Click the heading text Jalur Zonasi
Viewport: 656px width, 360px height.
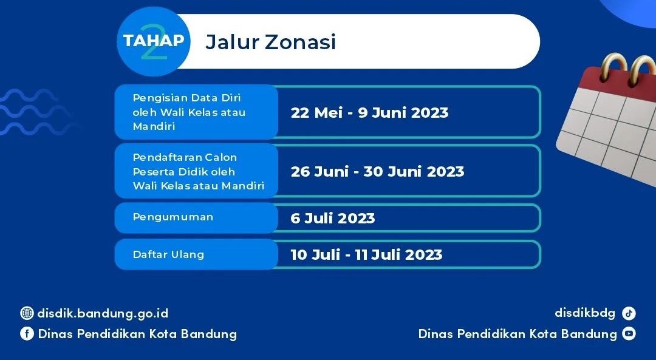click(x=271, y=42)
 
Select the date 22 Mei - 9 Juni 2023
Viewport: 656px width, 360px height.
click(x=369, y=113)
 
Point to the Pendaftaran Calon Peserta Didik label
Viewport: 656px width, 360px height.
click(x=198, y=171)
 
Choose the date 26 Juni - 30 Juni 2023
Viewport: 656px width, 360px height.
click(x=377, y=172)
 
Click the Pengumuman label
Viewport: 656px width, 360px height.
click(x=173, y=217)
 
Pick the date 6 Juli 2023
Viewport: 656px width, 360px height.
click(x=332, y=219)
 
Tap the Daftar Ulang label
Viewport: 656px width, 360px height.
click(x=168, y=254)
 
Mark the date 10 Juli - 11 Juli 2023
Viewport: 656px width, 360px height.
click(x=366, y=254)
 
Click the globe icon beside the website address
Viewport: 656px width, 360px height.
click(x=27, y=313)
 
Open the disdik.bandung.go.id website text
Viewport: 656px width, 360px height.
click(x=103, y=313)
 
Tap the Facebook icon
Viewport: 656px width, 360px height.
click(x=27, y=334)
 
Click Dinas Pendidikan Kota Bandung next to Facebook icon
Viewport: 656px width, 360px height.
click(x=137, y=334)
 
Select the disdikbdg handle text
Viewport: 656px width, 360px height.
click(x=585, y=313)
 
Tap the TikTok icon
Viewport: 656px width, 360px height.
click(x=629, y=313)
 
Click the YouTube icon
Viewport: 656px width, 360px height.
click(x=629, y=334)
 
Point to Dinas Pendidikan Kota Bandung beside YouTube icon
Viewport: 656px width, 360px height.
click(x=518, y=334)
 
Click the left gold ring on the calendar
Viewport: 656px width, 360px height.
click(x=611, y=67)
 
